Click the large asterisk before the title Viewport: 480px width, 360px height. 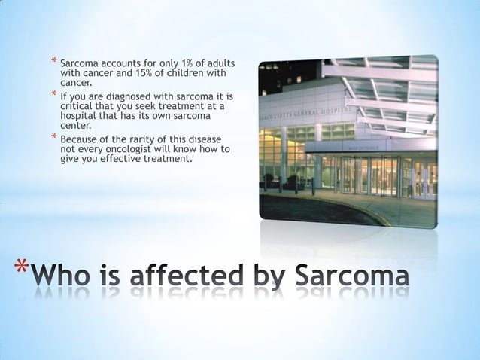point(22,272)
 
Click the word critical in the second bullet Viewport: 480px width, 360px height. point(77,108)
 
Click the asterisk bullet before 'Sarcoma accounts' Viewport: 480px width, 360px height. point(53,60)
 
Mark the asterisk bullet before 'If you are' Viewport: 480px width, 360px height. point(53,96)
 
